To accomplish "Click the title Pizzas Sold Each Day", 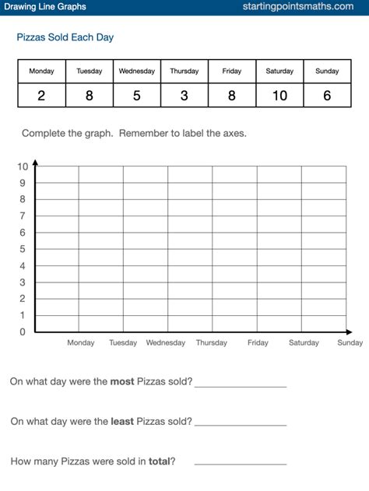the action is click(65, 37).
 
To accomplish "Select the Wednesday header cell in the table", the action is click(136, 71).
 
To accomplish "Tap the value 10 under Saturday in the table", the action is click(279, 95).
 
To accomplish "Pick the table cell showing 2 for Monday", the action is click(41, 95).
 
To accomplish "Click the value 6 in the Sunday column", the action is click(327, 95).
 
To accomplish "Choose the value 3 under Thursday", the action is click(184, 95).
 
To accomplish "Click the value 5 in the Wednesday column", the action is click(136, 95).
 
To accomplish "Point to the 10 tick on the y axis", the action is click(23, 167).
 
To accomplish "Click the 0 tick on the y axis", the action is click(23, 332).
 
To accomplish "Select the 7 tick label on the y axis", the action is click(23, 216).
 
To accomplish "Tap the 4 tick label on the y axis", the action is click(23, 266).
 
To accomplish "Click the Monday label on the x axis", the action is click(81, 342).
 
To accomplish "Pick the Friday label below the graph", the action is click(258, 342).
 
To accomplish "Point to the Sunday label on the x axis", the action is click(350, 342).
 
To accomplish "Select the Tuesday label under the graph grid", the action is click(123, 342).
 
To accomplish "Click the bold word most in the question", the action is click(122, 381).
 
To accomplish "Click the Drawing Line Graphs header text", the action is click(44, 7).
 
